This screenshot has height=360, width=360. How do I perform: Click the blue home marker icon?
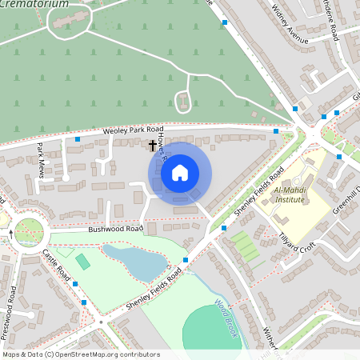pyautogui.click(x=180, y=172)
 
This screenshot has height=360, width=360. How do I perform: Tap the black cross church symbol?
pyautogui.click(x=152, y=146)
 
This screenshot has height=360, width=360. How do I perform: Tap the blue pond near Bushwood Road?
pyautogui.click(x=134, y=262)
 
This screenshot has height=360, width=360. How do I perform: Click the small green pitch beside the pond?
pyautogui.click(x=83, y=262)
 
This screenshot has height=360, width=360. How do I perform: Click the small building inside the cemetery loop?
pyautogui.click(x=183, y=102)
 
